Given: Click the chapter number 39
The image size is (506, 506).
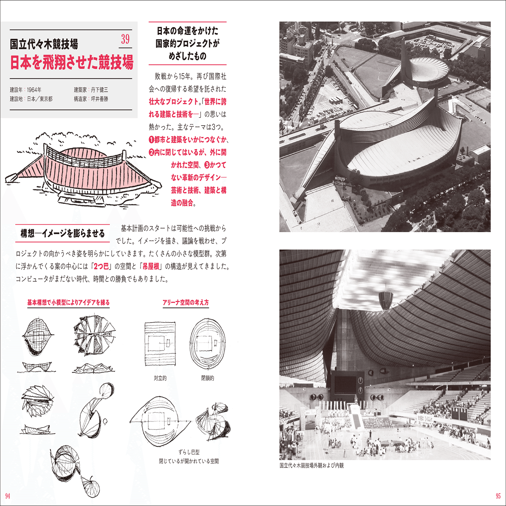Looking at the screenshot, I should [x=125, y=39].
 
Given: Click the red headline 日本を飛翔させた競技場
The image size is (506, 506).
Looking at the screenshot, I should [x=71, y=62].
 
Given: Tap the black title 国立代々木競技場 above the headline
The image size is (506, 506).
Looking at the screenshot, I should [x=44, y=44].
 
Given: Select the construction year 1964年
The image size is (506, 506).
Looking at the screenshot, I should [x=34, y=90].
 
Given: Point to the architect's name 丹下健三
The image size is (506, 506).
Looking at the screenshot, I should [x=99, y=90].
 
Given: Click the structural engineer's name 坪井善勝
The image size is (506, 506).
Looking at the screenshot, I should [x=99, y=99].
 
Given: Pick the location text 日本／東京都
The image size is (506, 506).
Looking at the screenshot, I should [x=40, y=99].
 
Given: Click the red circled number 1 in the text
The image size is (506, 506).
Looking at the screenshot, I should [x=152, y=140].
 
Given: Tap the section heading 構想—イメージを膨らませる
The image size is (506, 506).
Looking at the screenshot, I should [x=62, y=234].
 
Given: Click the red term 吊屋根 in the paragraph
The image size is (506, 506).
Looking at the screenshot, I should [x=151, y=266].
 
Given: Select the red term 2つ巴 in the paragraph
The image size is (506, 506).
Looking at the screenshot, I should [x=101, y=266].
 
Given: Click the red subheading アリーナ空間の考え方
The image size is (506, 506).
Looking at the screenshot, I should [x=185, y=302].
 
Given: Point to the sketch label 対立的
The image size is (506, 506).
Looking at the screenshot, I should [x=160, y=378].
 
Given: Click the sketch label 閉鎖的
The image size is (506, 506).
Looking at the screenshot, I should [x=208, y=378].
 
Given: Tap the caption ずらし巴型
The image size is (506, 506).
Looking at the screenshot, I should [x=189, y=452].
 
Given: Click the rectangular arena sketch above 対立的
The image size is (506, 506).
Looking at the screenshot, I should [x=160, y=344].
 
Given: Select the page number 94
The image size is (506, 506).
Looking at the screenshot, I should [x=7, y=496].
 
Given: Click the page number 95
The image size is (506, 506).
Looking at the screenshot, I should [x=498, y=496].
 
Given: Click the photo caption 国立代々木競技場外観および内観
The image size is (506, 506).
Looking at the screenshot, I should [x=311, y=465].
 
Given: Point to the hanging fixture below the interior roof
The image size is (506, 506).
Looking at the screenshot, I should [x=385, y=300].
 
